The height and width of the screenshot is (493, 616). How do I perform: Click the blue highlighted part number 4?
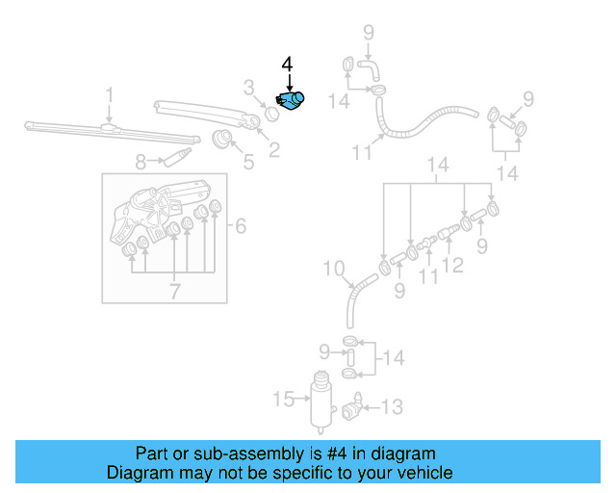290,99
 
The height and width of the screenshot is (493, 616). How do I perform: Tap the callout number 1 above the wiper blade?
110,94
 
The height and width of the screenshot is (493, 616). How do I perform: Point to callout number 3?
248,90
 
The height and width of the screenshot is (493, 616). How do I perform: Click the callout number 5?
248,161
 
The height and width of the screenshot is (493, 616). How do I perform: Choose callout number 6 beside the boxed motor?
241,226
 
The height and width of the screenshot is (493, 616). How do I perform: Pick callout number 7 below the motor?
174,290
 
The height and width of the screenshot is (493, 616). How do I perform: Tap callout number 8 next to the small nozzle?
141,162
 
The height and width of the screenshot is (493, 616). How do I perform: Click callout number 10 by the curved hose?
332,268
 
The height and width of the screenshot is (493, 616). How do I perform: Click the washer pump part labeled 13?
355,410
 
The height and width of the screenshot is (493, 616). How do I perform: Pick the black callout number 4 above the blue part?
287,65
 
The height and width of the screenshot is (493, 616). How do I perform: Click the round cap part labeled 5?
223,140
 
